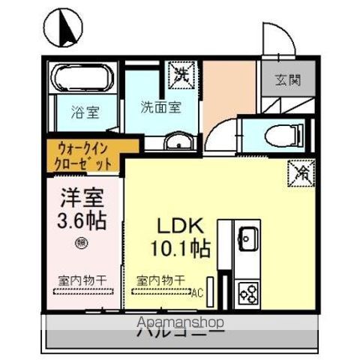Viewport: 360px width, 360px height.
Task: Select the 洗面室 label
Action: pos(160,107)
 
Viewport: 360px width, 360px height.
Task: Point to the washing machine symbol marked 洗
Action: pos(181,73)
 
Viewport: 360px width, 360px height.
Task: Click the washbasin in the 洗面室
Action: pos(177,144)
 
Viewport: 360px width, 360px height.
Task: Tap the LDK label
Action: pos(181,225)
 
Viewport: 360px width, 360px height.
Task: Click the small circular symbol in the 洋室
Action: pos(82,241)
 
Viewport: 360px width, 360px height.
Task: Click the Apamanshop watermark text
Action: pos(180,323)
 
